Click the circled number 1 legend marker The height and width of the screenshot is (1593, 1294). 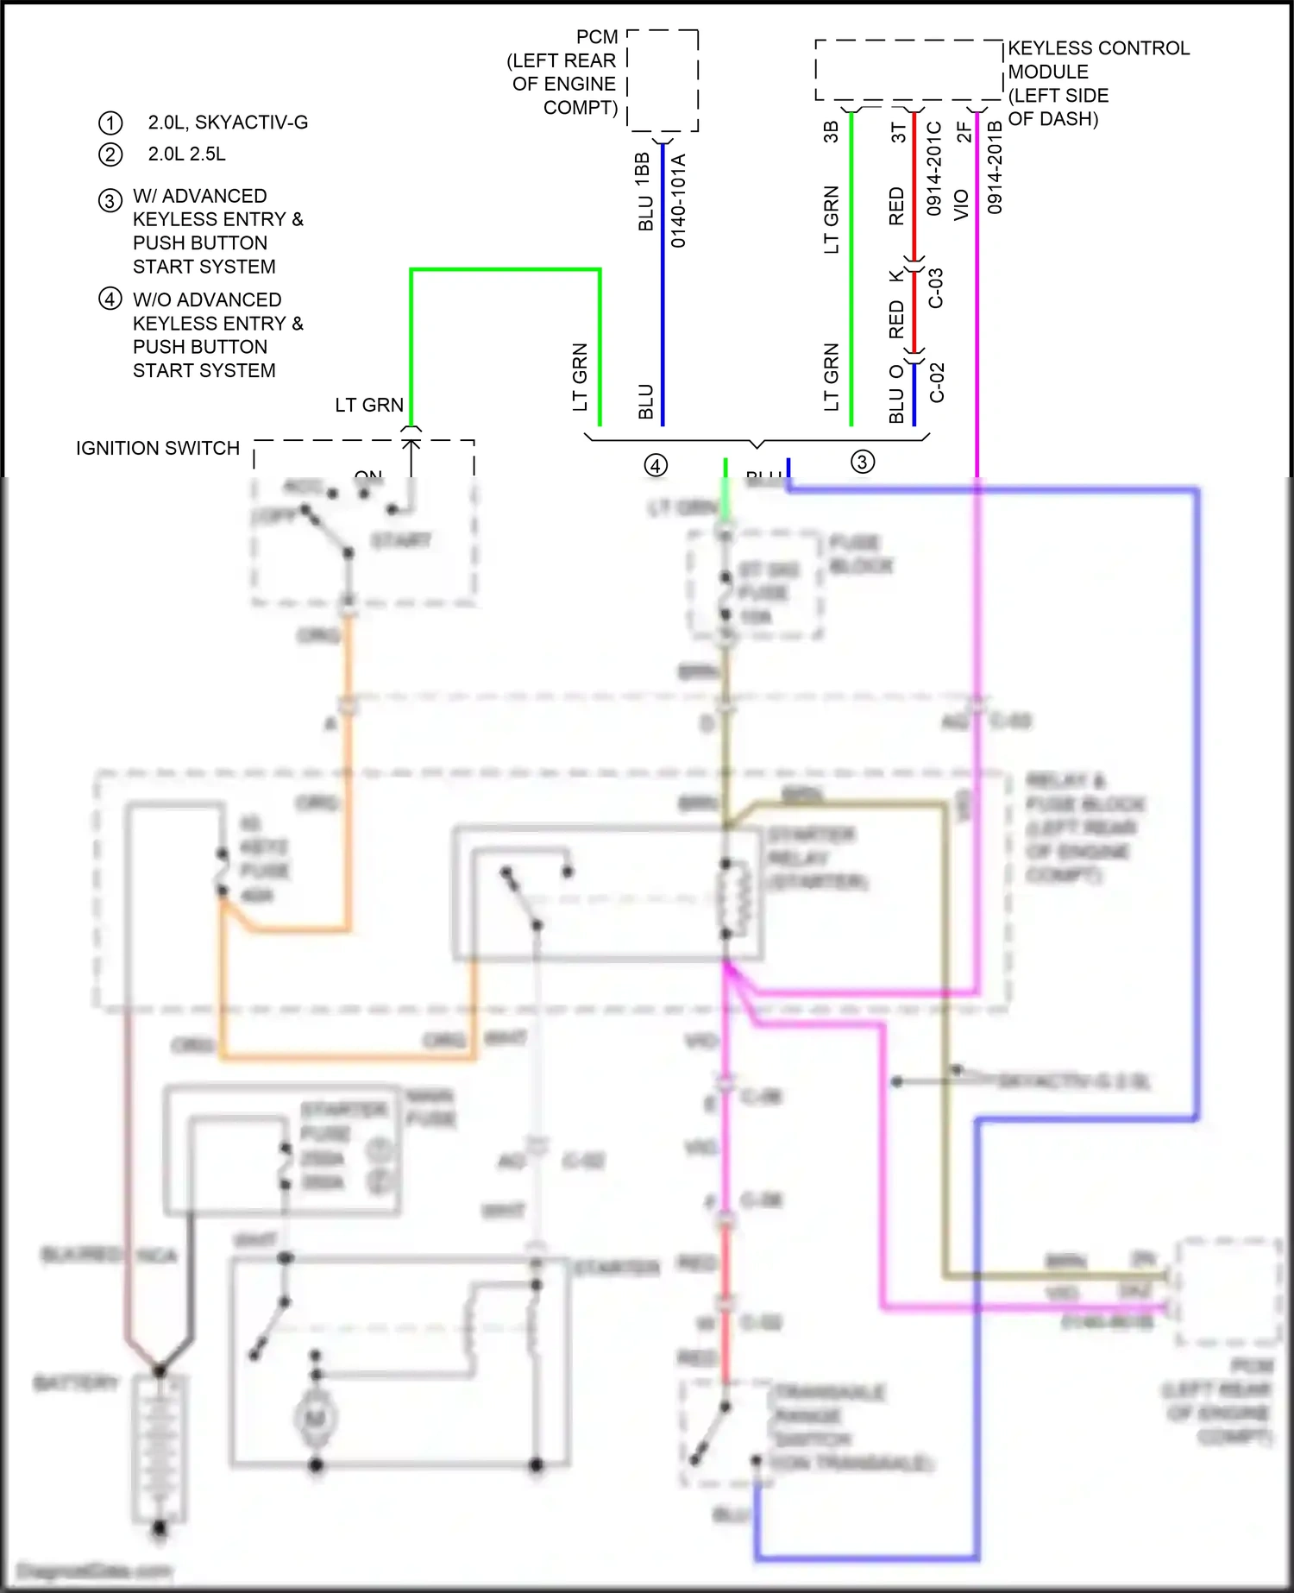pos(110,123)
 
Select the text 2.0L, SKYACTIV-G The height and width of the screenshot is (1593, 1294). pos(228,123)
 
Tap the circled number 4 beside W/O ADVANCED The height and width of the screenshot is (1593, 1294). pos(110,299)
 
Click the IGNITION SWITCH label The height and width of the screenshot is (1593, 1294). pos(158,449)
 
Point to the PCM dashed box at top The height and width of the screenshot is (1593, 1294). pos(663,80)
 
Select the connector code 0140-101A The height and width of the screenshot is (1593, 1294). pos(679,201)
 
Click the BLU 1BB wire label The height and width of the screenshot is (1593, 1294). pos(643,192)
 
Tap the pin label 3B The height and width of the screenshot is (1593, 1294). pos(831,131)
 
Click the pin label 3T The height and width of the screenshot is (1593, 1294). pos(898,131)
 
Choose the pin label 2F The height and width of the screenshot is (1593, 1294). pos(964,131)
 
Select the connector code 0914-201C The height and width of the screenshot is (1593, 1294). pos(934,168)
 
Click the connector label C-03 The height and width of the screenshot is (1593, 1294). pos(936,288)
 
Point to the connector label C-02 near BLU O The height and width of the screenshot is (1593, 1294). pos(937,382)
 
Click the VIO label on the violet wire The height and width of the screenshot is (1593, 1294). pos(961,205)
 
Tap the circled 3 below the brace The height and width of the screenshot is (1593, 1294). pos(863,462)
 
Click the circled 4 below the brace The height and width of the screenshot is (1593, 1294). pos(656,466)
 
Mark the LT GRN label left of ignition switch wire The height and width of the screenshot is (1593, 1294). pos(369,406)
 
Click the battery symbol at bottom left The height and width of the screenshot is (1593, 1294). pos(160,1450)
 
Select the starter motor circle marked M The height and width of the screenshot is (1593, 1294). pos(316,1417)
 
